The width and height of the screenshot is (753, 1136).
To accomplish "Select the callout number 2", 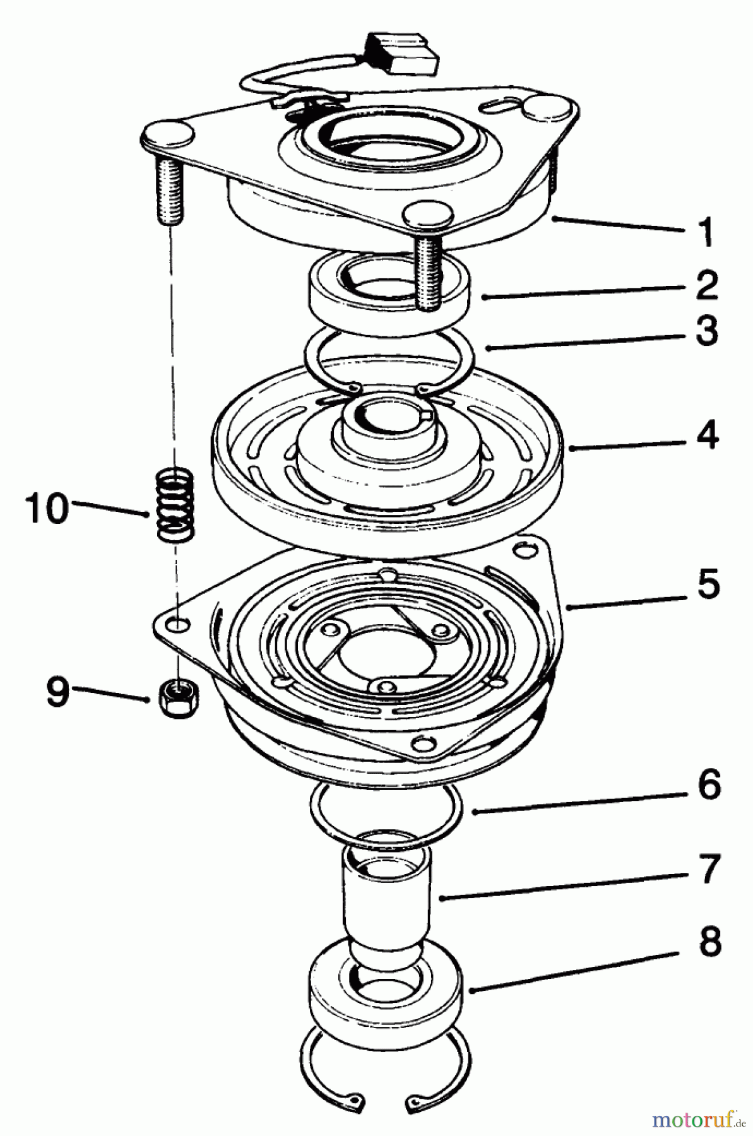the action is point(706,285).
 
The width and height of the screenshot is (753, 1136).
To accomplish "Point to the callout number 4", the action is point(706,435).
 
